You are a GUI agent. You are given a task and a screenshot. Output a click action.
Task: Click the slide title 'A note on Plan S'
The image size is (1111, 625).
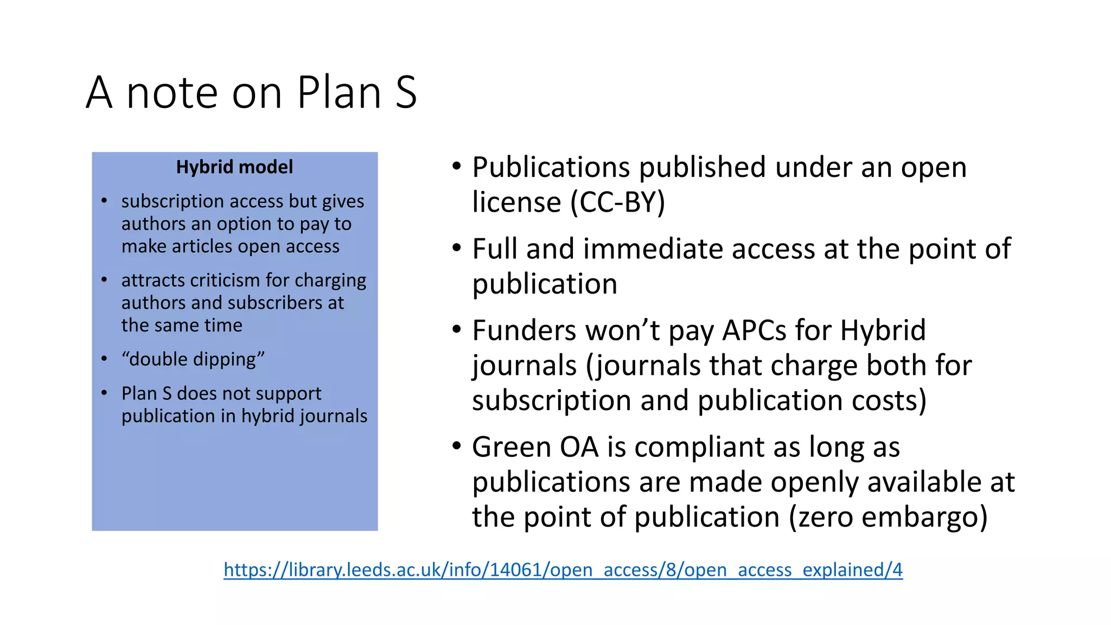(x=251, y=92)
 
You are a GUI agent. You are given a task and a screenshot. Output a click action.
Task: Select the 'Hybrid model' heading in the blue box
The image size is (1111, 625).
(x=234, y=167)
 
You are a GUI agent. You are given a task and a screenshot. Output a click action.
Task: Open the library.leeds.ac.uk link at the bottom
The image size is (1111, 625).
(x=563, y=569)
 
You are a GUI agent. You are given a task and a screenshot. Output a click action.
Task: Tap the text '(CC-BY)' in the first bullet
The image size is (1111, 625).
(x=617, y=202)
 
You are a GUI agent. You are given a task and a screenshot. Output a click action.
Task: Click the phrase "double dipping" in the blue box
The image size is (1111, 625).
(x=193, y=359)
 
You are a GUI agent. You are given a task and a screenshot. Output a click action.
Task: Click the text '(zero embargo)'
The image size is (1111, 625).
(x=888, y=516)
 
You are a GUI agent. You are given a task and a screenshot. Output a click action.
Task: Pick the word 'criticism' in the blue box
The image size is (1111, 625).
(x=225, y=280)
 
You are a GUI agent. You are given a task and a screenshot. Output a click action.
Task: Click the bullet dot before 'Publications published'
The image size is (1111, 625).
(x=457, y=165)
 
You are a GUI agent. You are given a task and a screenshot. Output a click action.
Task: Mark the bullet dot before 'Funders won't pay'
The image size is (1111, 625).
(x=457, y=329)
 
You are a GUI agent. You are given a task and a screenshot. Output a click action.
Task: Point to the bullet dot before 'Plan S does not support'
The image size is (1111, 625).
(x=104, y=392)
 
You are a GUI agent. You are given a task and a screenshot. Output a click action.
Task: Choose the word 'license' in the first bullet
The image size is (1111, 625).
(x=516, y=202)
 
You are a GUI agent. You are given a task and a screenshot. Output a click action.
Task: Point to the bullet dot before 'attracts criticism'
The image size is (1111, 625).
(x=104, y=280)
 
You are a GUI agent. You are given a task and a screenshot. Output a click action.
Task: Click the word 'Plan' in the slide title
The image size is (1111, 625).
(x=339, y=92)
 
